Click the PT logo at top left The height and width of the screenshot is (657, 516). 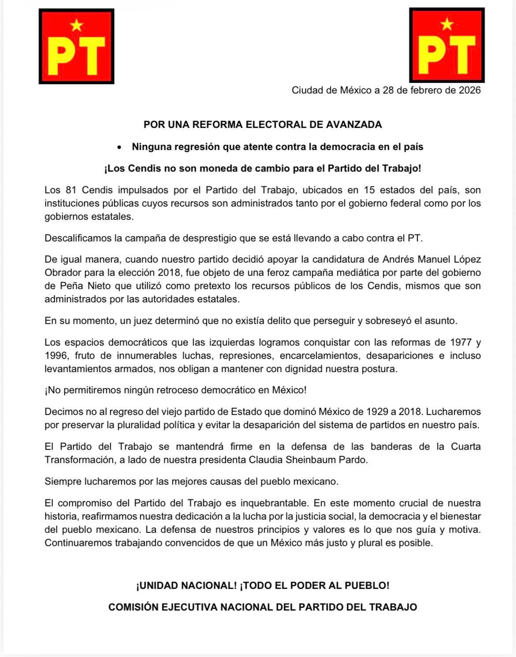(x=76, y=46)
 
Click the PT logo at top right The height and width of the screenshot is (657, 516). (x=447, y=45)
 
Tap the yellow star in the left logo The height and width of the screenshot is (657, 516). (x=77, y=25)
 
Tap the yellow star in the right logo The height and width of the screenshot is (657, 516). (x=447, y=23)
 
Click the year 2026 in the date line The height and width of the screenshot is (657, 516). (x=469, y=91)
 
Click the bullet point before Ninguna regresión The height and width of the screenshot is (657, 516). (x=119, y=147)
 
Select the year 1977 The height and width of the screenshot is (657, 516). (x=460, y=343)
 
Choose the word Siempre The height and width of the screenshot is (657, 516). (x=63, y=481)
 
